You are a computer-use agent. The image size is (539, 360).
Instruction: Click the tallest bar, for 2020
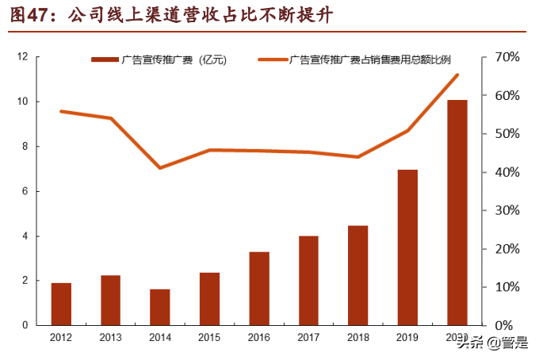(457, 213)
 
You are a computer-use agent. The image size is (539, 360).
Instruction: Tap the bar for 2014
(160, 307)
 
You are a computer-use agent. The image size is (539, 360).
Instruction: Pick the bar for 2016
(259, 289)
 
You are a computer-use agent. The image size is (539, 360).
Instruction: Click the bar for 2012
(61, 304)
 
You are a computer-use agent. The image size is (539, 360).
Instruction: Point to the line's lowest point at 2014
(160, 167)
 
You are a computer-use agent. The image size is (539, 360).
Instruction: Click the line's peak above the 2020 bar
(457, 75)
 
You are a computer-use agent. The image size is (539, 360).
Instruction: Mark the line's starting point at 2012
(61, 111)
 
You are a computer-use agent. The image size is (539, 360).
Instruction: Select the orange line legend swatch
(273, 59)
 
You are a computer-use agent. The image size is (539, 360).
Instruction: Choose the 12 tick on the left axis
(23, 57)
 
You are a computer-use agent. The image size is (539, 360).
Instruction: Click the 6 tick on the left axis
(25, 191)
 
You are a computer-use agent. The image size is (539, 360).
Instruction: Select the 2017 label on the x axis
(308, 337)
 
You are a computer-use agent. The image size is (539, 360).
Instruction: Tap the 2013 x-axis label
(110, 337)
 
